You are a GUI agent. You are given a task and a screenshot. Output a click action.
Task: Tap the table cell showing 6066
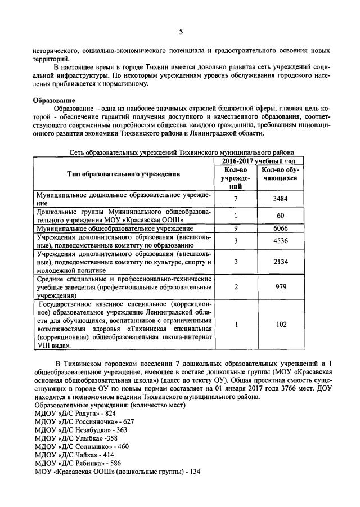tap(280, 228)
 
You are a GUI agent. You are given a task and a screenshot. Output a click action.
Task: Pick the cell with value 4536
tap(280, 241)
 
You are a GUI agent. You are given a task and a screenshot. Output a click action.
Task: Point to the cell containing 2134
tap(280, 262)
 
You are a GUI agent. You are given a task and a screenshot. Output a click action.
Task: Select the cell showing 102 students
tap(280, 325)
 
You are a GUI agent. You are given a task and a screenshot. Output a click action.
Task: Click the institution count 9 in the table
tap(237, 228)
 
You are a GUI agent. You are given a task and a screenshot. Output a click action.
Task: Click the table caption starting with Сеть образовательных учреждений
tap(182, 152)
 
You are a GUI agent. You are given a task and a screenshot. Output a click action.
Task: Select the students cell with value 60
tap(280, 216)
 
